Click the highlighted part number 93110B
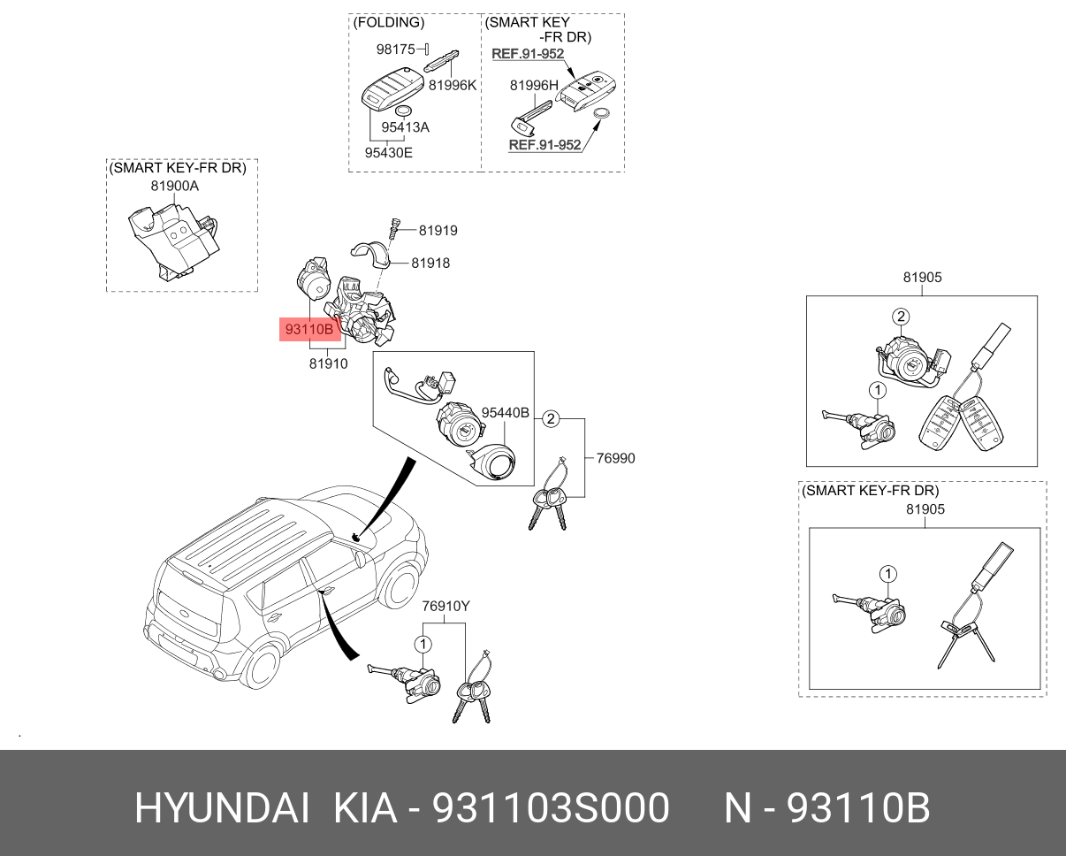[309, 329]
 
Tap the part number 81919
[438, 231]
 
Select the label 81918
[430, 263]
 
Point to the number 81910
[329, 363]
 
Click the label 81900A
[174, 186]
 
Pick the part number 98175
[396, 49]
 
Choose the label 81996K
[453, 85]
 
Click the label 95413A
[405, 127]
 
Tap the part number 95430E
[388, 153]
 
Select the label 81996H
[534, 85]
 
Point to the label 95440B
[506, 412]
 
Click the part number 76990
[615, 458]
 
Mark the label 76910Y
[445, 607]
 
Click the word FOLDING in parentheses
[389, 22]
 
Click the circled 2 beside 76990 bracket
[551, 419]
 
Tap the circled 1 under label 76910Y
[423, 645]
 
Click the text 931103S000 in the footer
[551, 808]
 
